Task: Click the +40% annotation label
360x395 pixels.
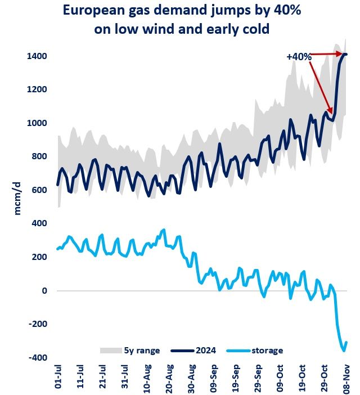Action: (299, 56)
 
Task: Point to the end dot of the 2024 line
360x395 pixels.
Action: (345, 54)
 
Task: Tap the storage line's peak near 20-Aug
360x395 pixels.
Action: (164, 230)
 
